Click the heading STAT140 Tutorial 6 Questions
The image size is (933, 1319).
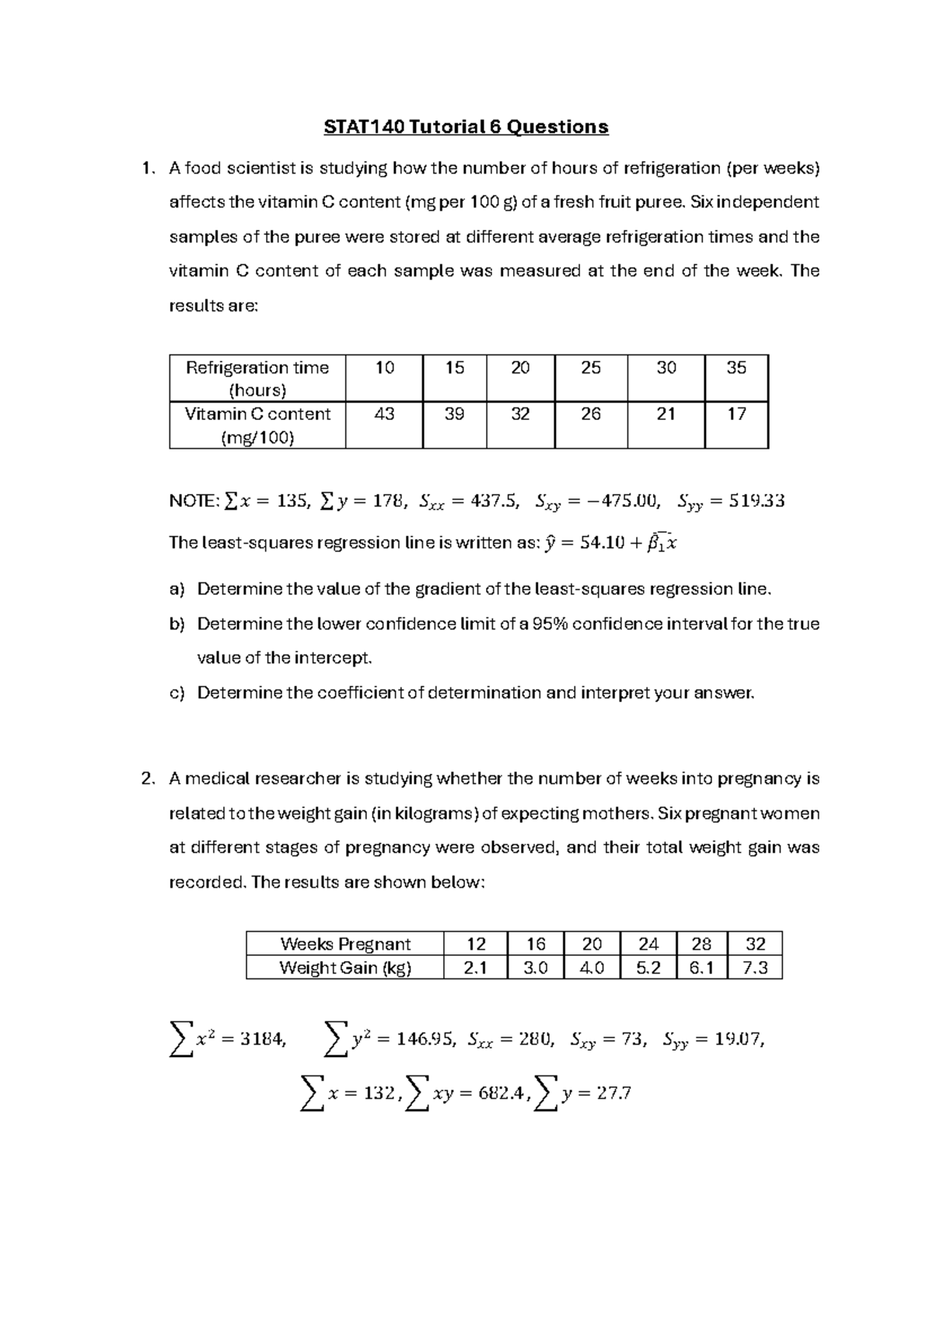pos(466,126)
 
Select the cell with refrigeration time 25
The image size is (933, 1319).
pos(591,368)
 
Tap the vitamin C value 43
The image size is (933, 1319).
pos(384,415)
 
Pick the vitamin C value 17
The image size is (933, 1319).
pos(736,415)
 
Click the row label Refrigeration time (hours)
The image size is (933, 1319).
pos(257,378)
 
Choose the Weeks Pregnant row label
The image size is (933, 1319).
pos(344,944)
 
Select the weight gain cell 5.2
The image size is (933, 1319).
pos(648,968)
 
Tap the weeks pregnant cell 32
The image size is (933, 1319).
pos(755,944)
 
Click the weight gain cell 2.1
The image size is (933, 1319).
pos(475,968)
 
